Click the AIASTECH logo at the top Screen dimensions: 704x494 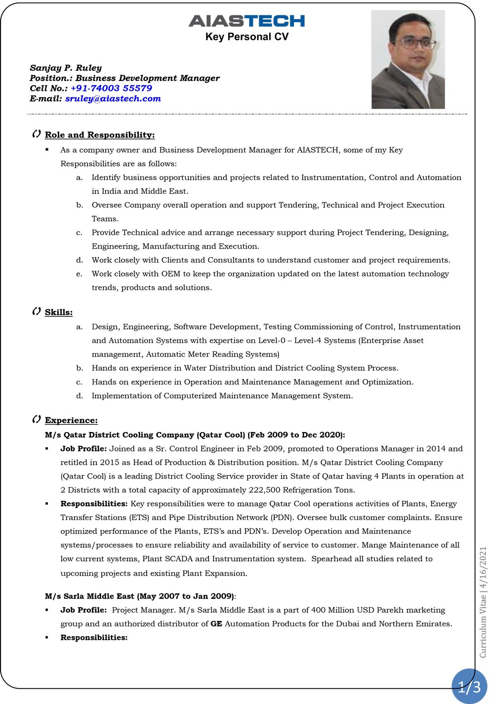[247, 21]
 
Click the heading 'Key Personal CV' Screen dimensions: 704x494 [247, 37]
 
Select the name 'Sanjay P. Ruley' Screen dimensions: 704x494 [66, 68]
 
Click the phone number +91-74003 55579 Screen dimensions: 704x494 [111, 88]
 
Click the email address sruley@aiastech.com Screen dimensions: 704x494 [113, 98]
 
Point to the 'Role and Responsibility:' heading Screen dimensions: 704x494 [100, 135]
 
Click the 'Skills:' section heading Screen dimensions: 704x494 [59, 312]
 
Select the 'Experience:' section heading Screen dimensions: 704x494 [71, 420]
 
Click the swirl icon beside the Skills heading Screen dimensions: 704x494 [36, 311]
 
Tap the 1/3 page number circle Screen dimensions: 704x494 [469, 686]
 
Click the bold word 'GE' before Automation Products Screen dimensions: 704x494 [216, 624]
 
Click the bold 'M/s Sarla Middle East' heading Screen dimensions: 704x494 [89, 596]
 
